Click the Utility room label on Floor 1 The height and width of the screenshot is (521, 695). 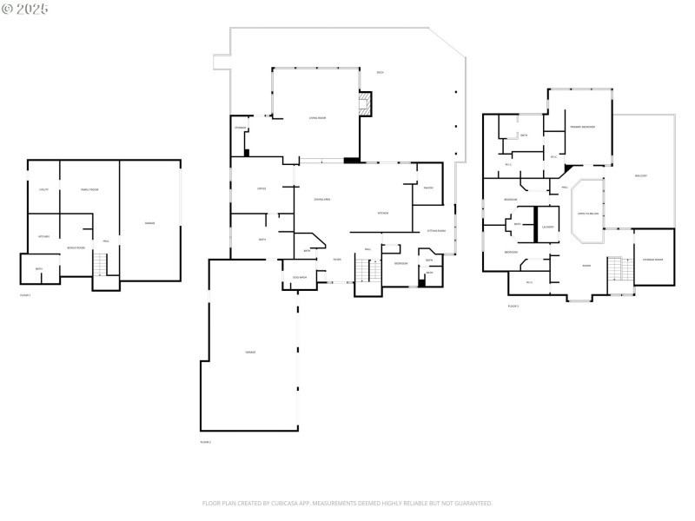[x=43, y=189]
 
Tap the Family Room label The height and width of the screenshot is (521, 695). [x=89, y=189]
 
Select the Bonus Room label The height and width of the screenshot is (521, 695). [x=76, y=247]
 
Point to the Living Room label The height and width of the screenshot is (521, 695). [x=317, y=118]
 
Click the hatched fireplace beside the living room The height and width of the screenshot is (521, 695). [x=366, y=105]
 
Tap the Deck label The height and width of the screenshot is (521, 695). [x=381, y=72]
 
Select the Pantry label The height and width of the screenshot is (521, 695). [x=427, y=188]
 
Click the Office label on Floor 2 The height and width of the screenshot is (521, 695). [x=261, y=188]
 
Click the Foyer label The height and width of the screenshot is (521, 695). [x=337, y=259]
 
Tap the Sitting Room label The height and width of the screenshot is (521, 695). [x=436, y=231]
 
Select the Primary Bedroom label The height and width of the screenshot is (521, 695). [x=582, y=128]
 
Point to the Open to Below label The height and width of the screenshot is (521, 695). [x=588, y=213]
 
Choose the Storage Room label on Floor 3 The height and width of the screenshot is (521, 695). [x=652, y=260]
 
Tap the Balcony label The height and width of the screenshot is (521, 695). [x=641, y=175]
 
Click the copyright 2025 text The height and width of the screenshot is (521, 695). [x=25, y=9]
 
